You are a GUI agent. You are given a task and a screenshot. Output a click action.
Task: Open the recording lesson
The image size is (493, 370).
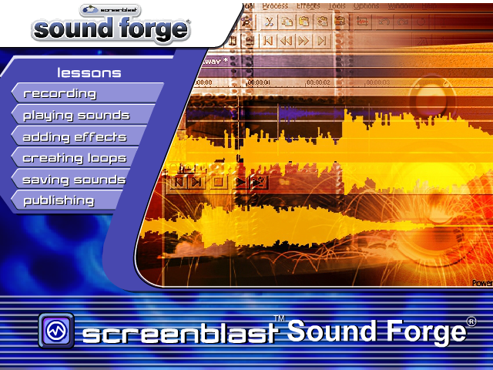(x=60, y=93)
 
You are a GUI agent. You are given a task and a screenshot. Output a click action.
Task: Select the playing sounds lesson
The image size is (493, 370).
(x=76, y=116)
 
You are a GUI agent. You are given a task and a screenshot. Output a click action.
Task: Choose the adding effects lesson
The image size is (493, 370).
(x=74, y=137)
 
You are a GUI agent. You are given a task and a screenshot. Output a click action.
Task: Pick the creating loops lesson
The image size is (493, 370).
(x=74, y=158)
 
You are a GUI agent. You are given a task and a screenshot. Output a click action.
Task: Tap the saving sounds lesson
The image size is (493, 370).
(x=74, y=180)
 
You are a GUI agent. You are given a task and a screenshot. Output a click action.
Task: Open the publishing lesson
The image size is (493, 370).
(x=59, y=200)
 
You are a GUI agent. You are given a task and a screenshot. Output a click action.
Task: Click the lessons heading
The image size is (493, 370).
(x=89, y=73)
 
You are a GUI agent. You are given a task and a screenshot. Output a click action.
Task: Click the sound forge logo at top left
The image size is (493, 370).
(x=111, y=26)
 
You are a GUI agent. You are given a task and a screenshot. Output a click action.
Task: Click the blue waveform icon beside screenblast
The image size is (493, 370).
(x=55, y=331)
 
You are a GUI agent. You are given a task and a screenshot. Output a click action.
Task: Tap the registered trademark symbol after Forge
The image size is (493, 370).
(x=471, y=321)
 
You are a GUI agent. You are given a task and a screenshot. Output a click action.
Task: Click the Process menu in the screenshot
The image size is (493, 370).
(x=275, y=6)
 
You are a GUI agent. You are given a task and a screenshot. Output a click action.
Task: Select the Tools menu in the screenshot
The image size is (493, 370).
(x=336, y=6)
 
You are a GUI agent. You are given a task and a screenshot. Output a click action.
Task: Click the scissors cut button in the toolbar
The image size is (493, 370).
(x=268, y=22)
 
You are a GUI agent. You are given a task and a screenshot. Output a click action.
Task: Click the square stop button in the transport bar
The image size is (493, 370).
(x=218, y=183)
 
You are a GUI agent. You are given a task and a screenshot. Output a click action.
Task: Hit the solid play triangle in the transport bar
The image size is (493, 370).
(x=240, y=183)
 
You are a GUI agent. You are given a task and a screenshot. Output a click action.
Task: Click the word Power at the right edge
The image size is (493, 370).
(x=482, y=283)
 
